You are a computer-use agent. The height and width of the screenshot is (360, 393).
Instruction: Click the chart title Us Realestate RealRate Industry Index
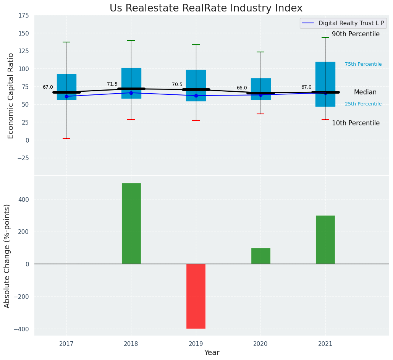pyautogui.click(x=206, y=8)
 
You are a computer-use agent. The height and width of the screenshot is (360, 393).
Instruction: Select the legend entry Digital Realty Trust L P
pyautogui.click(x=351, y=23)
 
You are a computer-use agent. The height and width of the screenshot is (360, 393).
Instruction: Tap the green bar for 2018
pyautogui.click(x=131, y=223)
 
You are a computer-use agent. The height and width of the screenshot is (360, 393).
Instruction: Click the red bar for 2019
pyautogui.click(x=196, y=296)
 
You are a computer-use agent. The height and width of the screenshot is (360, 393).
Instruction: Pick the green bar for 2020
pyautogui.click(x=260, y=256)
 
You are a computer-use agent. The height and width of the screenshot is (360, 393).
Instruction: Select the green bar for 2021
pyautogui.click(x=325, y=240)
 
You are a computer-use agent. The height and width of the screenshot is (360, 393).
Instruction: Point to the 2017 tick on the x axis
pyautogui.click(x=66, y=344)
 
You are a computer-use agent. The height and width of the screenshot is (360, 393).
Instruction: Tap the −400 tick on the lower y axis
pyautogui.click(x=21, y=329)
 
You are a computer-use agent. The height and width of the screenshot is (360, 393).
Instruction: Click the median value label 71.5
pyautogui.click(x=112, y=84)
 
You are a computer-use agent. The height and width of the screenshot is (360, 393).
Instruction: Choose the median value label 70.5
pyautogui.click(x=177, y=84)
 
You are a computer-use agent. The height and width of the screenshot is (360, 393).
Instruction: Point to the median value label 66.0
pyautogui.click(x=242, y=88)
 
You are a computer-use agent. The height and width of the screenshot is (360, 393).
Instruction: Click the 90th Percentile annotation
pyautogui.click(x=356, y=34)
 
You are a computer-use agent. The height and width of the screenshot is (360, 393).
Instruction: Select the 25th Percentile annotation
pyautogui.click(x=363, y=104)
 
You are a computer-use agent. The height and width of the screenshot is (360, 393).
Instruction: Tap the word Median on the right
pyautogui.click(x=365, y=92)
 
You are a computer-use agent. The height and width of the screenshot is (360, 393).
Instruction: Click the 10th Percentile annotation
pyautogui.click(x=356, y=123)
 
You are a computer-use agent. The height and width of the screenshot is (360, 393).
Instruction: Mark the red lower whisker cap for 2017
pyautogui.click(x=66, y=138)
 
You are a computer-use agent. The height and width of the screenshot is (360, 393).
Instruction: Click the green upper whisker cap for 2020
pyautogui.click(x=260, y=52)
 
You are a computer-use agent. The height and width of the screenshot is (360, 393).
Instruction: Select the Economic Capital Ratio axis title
pyautogui.click(x=11, y=96)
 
